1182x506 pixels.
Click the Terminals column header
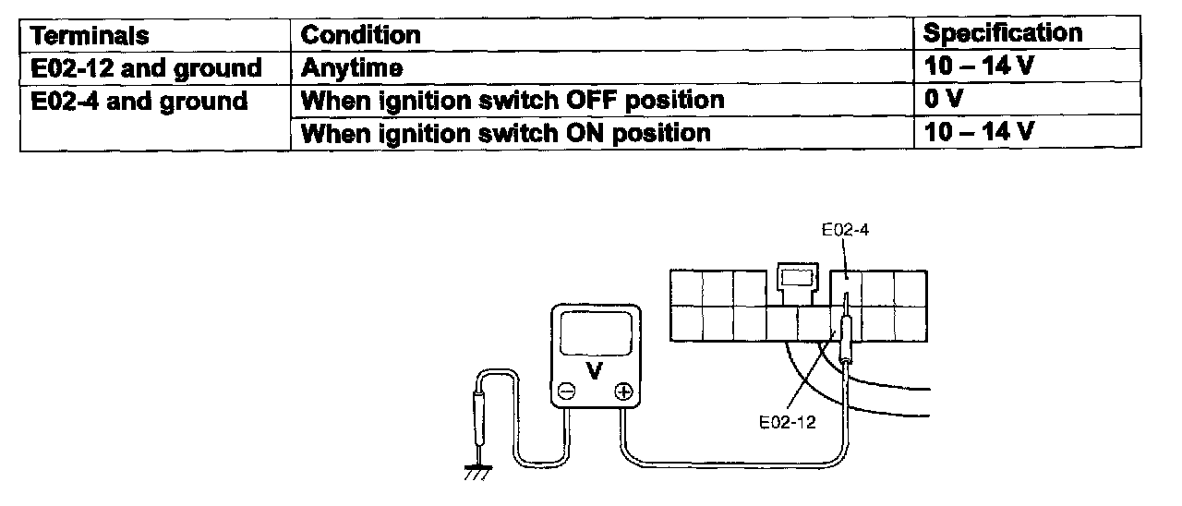[x=89, y=35]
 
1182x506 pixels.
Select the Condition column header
[x=361, y=35]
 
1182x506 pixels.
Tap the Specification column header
[x=1003, y=34]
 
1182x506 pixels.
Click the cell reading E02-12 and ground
[x=146, y=67]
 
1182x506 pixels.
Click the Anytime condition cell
[x=352, y=67]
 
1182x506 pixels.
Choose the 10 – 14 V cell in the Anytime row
[x=978, y=67]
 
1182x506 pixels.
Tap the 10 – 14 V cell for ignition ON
[x=978, y=132]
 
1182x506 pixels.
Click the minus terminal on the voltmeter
[x=567, y=392]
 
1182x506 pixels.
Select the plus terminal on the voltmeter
[x=623, y=392]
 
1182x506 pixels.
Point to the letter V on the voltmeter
[x=595, y=370]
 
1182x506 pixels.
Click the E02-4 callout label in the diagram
[x=845, y=231]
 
